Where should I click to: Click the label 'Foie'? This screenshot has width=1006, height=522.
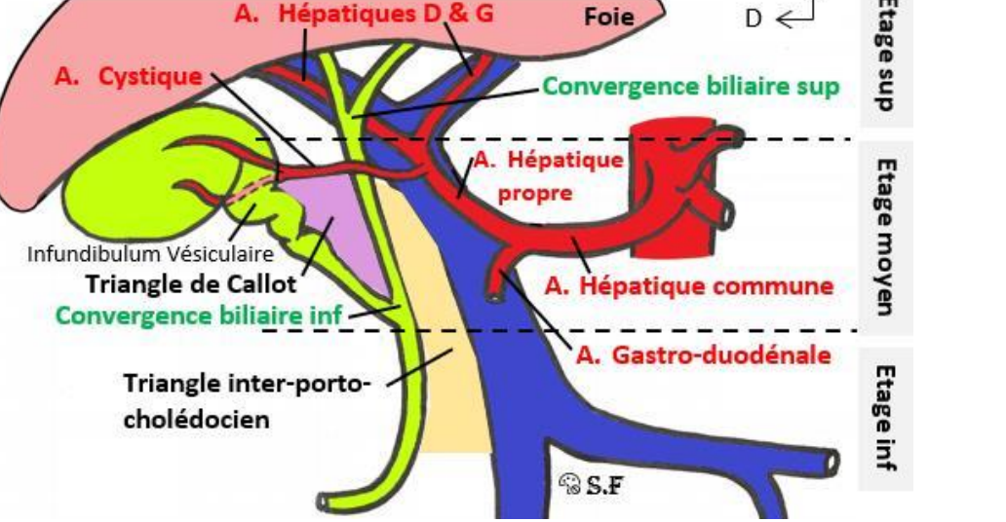coord(609,17)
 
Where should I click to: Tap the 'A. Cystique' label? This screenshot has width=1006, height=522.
coord(128,77)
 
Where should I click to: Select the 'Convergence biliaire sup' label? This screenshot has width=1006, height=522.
coord(690,86)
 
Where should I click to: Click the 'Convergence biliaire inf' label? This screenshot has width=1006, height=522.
coord(200,316)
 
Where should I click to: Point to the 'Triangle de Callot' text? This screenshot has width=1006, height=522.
coord(191,285)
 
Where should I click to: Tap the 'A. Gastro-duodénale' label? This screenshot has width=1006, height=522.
coord(703,355)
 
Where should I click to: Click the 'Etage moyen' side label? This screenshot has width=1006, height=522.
coord(885,237)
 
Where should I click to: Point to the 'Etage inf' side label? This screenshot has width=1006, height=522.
coord(885,417)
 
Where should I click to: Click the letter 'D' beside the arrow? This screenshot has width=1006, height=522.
coord(754,18)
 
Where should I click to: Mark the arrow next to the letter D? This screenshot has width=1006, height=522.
coord(794,15)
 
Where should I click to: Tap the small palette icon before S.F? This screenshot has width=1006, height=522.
coord(570,482)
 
